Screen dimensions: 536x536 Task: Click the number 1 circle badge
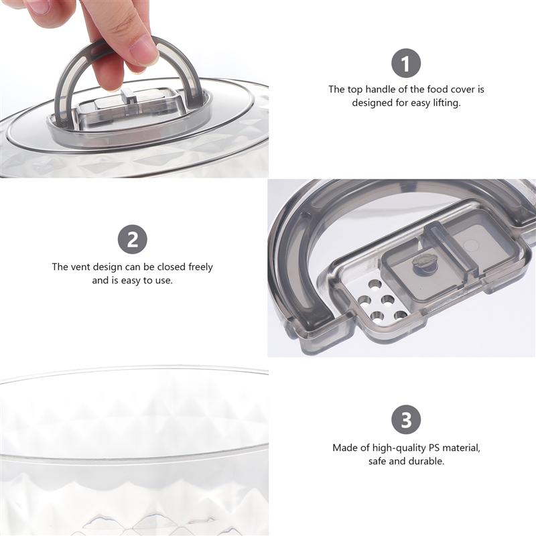tap(406, 64)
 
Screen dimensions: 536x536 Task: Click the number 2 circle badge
tap(133, 240)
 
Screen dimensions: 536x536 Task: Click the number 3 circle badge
tap(406, 421)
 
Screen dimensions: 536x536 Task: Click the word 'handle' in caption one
tap(389, 89)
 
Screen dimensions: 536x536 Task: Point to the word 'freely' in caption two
tap(199, 267)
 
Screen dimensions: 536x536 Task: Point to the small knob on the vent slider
tap(423, 262)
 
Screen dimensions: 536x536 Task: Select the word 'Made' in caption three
tap(344, 448)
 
